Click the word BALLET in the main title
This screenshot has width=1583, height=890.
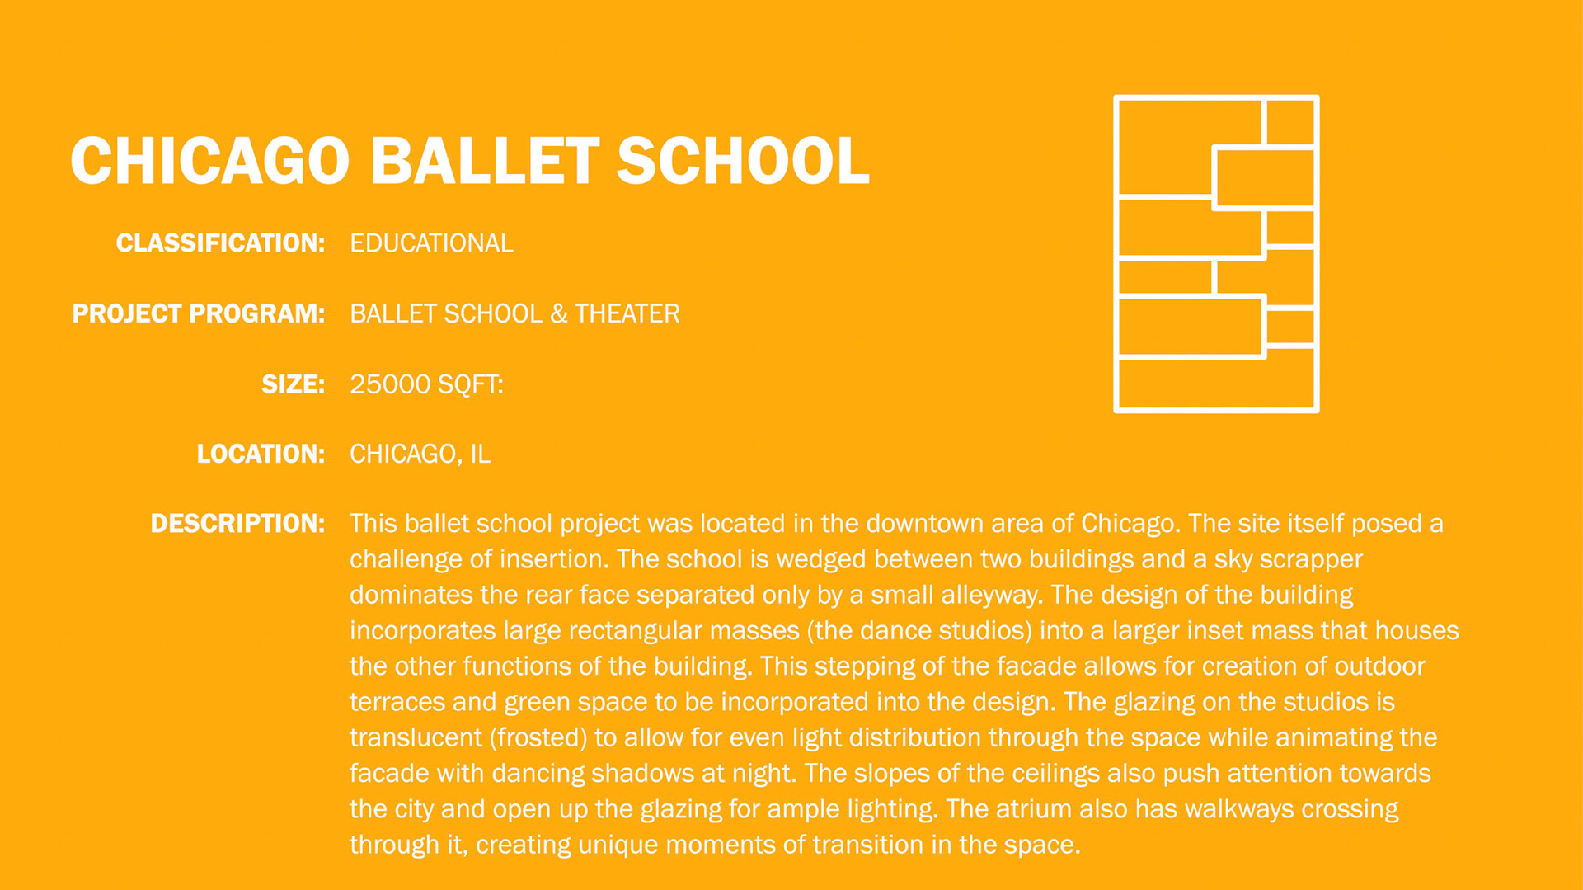coord(485,161)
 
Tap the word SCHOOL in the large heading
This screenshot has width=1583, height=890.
coord(743,161)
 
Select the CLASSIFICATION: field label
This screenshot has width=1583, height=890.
coord(220,243)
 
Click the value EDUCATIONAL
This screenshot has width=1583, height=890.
coord(431,243)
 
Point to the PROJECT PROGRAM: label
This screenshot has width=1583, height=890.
coord(199,314)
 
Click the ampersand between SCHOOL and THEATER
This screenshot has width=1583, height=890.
coord(559,314)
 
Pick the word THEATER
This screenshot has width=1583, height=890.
coord(627,314)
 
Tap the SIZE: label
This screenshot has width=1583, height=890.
coord(294,384)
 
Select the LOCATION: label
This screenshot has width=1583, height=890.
coord(261,454)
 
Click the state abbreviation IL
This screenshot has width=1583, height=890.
coord(480,454)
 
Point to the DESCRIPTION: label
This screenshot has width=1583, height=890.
coord(237,524)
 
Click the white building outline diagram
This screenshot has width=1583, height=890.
coord(1116,254)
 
